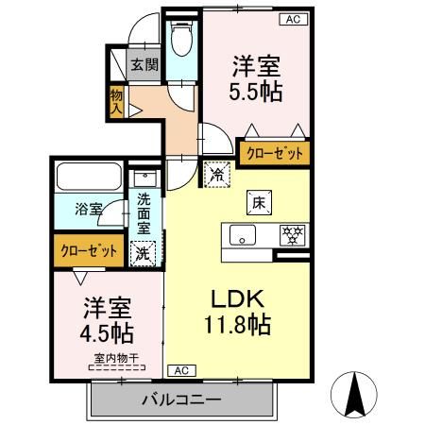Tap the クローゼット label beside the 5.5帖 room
coord(275,152)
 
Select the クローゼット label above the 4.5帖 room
coord(90,250)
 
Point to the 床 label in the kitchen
coord(258,200)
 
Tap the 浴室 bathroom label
coord(88,210)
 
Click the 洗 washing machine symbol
coord(143,252)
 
